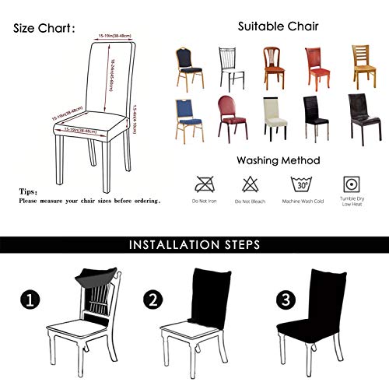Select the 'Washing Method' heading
click(279, 160)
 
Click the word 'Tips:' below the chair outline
click(29, 191)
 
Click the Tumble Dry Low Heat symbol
click(349, 186)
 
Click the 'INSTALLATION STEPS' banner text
click(194, 244)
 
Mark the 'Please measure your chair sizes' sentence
click(89, 200)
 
